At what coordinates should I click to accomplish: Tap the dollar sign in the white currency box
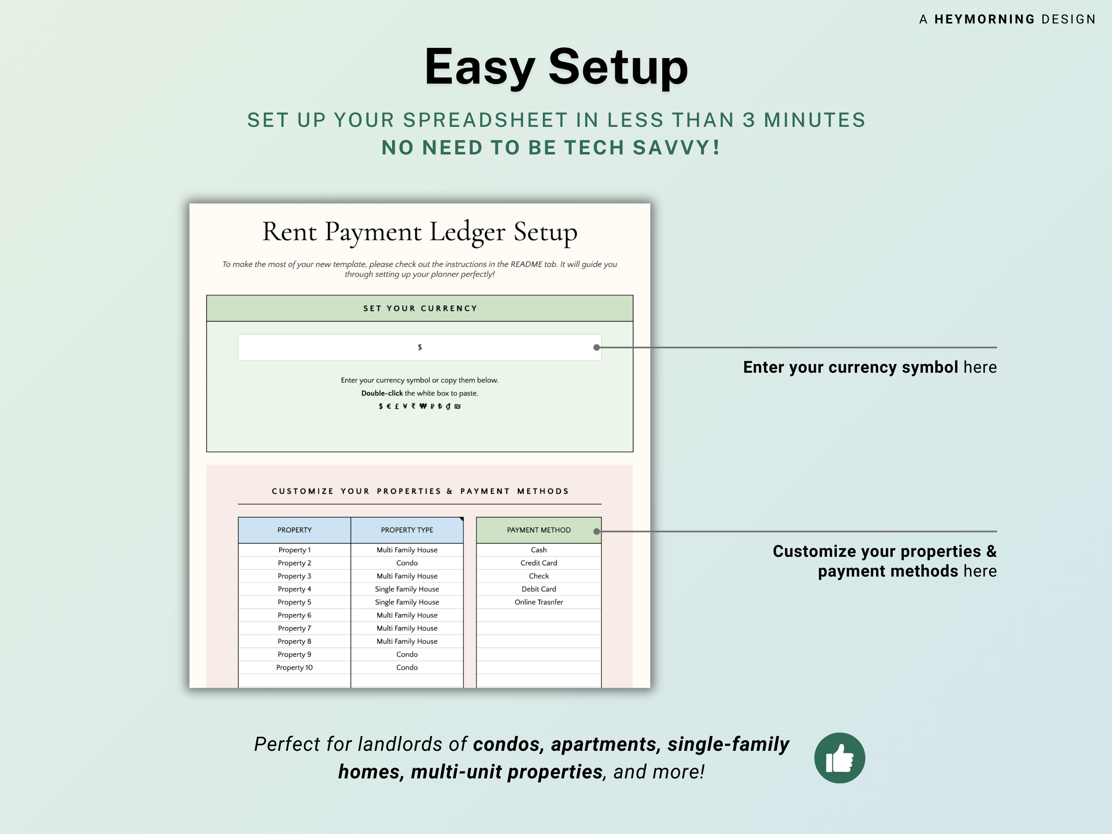click(420, 347)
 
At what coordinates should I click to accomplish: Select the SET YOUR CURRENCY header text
click(420, 308)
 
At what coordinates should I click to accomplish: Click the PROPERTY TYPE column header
click(406, 530)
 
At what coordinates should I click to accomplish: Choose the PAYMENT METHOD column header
click(538, 530)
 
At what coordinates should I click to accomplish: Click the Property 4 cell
click(294, 589)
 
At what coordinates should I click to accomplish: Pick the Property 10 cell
click(294, 667)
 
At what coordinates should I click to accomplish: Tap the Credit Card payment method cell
click(538, 563)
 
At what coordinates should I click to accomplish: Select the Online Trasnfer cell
click(538, 602)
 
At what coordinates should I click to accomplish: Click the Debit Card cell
click(538, 589)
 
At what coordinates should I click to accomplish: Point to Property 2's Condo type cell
click(406, 563)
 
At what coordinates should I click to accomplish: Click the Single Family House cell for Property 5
click(406, 602)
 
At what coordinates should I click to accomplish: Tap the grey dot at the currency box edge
click(597, 347)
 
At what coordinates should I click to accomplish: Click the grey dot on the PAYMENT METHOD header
click(597, 531)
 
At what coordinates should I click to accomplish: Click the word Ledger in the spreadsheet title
click(467, 232)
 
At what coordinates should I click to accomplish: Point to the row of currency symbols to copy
click(420, 406)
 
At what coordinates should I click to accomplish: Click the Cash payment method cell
click(538, 549)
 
